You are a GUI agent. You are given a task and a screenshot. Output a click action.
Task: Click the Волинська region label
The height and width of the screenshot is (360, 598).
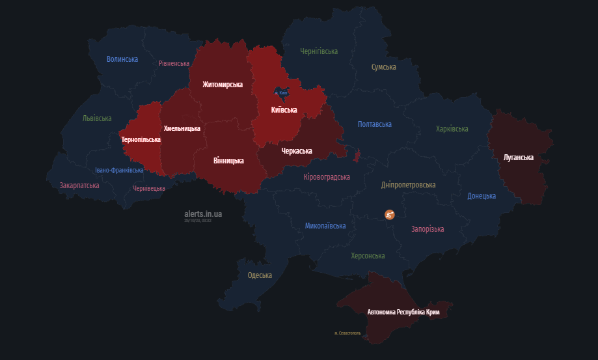(x=122, y=59)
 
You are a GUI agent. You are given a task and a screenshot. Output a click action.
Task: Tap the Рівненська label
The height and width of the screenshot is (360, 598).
(x=174, y=64)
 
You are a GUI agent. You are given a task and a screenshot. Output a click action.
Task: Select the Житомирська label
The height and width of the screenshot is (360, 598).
(x=223, y=85)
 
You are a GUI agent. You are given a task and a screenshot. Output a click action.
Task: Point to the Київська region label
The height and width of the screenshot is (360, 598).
(x=284, y=110)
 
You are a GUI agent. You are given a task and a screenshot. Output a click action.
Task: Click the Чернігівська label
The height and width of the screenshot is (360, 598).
(x=319, y=51)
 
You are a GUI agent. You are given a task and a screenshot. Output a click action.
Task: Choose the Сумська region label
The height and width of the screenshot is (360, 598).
(x=384, y=67)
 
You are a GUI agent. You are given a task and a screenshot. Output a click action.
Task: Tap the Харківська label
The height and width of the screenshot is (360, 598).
(x=452, y=129)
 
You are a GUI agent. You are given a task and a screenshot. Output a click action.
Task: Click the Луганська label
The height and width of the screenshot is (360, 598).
(x=519, y=158)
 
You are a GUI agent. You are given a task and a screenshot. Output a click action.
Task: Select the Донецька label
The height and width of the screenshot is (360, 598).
(x=482, y=196)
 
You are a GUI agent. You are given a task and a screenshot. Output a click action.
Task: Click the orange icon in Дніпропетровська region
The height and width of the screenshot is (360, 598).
(x=389, y=214)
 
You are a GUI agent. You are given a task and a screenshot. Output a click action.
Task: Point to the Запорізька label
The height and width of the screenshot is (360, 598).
(x=428, y=229)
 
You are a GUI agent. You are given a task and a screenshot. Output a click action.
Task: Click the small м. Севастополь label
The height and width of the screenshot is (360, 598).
(x=347, y=333)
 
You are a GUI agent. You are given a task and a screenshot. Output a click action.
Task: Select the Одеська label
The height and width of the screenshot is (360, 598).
(x=260, y=275)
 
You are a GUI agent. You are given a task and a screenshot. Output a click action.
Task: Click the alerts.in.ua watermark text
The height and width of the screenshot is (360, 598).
(x=203, y=214)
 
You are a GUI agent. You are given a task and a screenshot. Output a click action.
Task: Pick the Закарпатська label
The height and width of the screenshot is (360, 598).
(x=79, y=186)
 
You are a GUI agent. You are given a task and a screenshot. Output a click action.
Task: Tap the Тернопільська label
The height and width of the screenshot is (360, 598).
(x=141, y=139)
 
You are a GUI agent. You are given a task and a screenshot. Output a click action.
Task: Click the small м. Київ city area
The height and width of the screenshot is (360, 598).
(x=280, y=93)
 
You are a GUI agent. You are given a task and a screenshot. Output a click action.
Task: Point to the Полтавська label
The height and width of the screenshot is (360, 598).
(x=375, y=124)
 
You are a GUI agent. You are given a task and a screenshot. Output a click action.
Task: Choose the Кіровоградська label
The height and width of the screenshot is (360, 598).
(x=327, y=177)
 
